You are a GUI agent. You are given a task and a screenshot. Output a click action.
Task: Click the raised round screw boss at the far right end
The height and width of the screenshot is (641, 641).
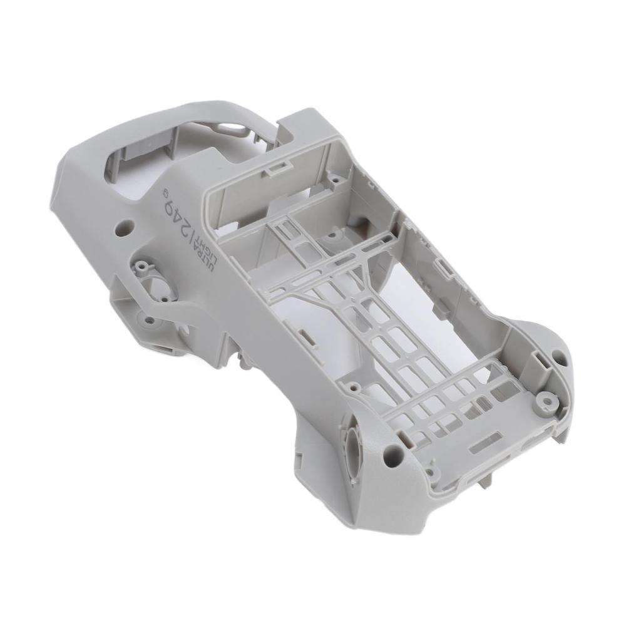tap(547, 399)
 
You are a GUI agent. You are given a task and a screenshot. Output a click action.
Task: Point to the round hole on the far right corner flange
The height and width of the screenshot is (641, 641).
tap(558, 360)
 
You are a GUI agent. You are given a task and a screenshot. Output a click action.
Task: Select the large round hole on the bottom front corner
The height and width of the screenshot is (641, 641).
tap(393, 450)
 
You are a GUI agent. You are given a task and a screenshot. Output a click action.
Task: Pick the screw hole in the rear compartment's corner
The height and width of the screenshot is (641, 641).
tap(336, 180)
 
